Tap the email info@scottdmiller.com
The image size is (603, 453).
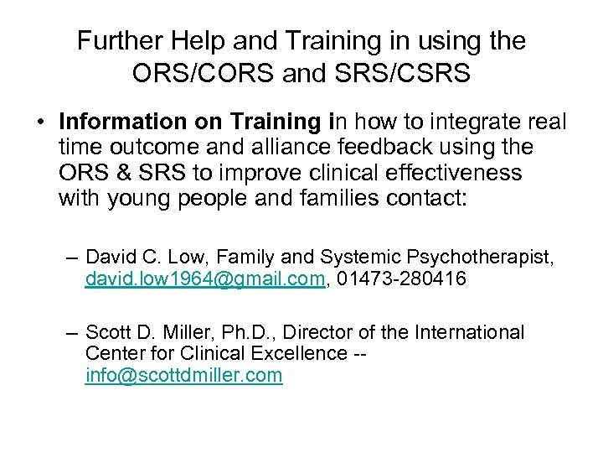[183, 376]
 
